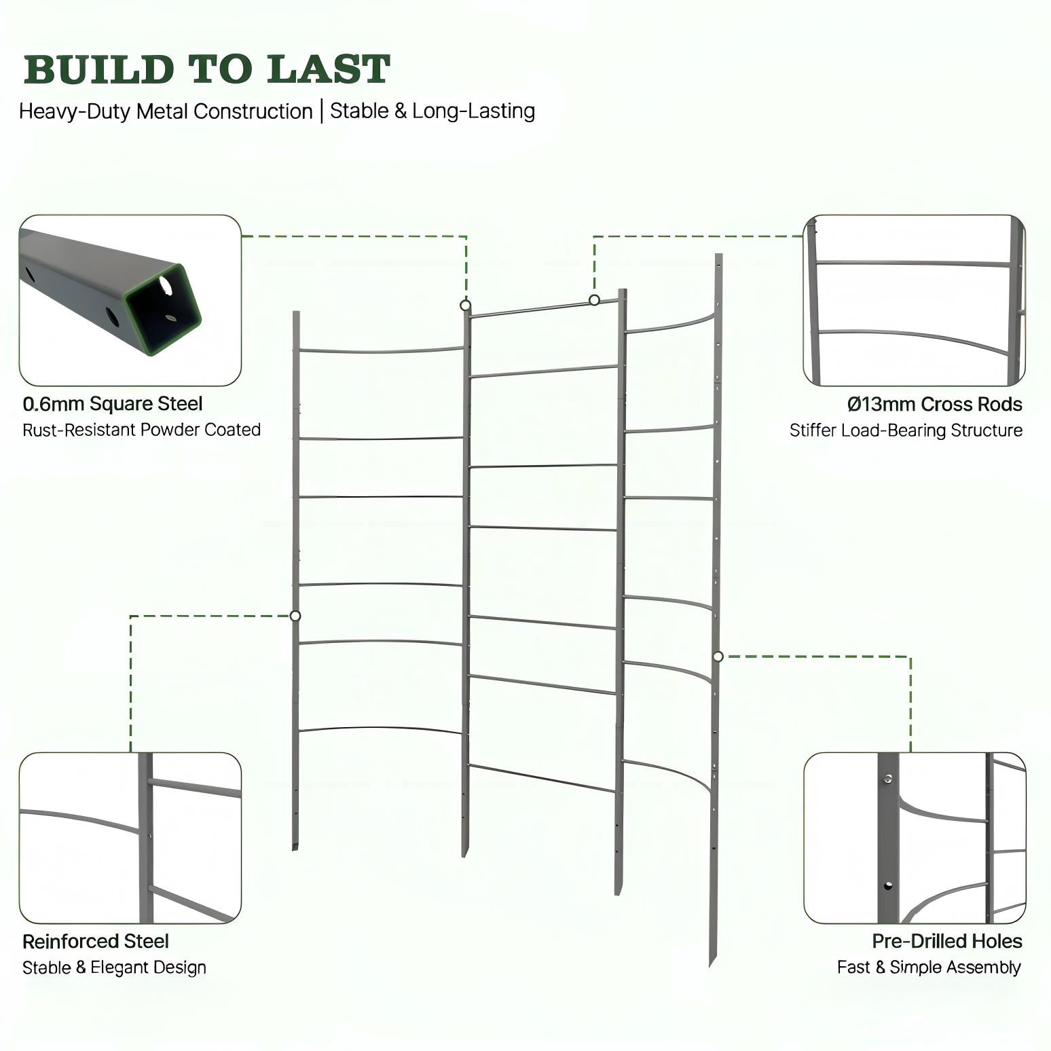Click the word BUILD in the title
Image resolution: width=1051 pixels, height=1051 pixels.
[x=98, y=70]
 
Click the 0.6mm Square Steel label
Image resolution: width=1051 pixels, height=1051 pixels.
[x=113, y=404]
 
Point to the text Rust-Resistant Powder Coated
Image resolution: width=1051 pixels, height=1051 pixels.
[x=142, y=430]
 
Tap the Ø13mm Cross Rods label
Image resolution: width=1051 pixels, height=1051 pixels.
[x=935, y=405]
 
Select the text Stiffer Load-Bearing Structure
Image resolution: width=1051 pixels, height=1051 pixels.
[x=906, y=430]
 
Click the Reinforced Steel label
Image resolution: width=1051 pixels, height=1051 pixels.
[x=96, y=942]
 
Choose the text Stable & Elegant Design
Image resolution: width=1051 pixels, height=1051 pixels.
[x=115, y=967]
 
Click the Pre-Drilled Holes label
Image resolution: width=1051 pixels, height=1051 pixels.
[x=947, y=942]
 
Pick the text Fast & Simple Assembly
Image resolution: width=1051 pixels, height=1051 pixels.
[x=929, y=967]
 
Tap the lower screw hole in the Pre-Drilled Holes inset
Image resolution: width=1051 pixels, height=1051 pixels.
[x=887, y=885]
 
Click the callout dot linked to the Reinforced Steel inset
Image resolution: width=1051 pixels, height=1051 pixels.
[x=295, y=616]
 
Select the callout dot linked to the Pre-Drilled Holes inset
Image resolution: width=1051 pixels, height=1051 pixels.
[x=718, y=656]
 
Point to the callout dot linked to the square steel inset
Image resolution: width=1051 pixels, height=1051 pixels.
[x=466, y=306]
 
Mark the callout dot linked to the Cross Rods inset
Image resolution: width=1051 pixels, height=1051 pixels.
[x=594, y=300]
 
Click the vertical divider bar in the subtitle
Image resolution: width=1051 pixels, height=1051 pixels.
[x=322, y=111]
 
